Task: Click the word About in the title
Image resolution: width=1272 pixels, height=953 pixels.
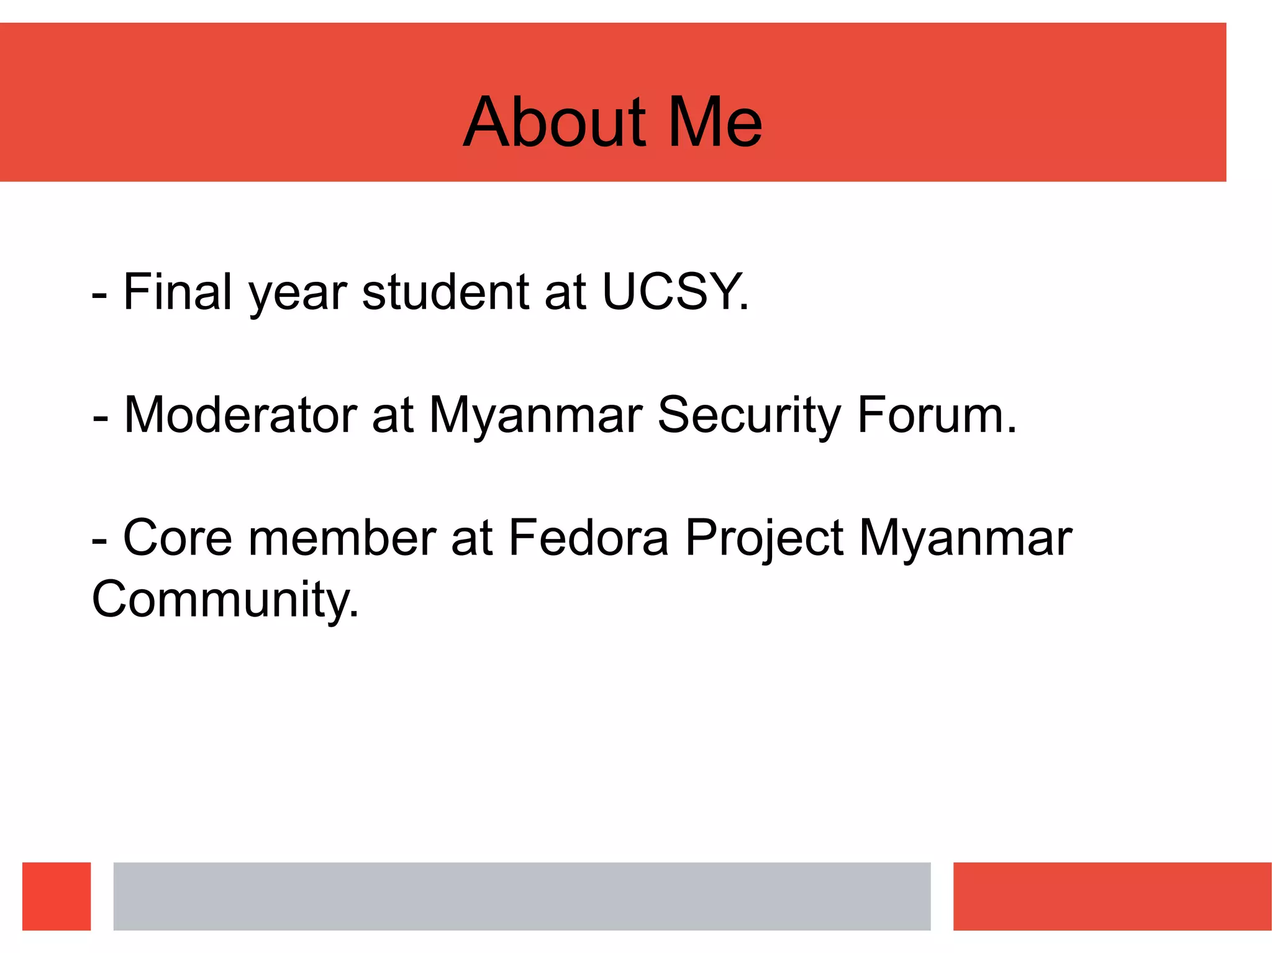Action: coord(555,122)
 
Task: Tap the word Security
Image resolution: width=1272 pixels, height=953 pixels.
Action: coord(749,416)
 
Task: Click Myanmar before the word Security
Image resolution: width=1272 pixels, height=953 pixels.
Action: coord(535,416)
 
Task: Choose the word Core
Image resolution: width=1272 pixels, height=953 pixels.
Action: coord(178,538)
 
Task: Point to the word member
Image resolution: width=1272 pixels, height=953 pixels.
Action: coord(342,538)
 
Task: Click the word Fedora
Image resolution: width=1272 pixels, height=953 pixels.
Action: coord(588,538)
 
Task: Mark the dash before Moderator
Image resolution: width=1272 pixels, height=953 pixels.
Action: coord(100,418)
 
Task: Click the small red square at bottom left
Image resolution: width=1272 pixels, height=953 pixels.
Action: coord(57,896)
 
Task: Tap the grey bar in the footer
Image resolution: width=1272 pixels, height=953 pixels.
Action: coord(522,896)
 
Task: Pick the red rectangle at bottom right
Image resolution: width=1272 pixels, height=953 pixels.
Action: coord(1112,896)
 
